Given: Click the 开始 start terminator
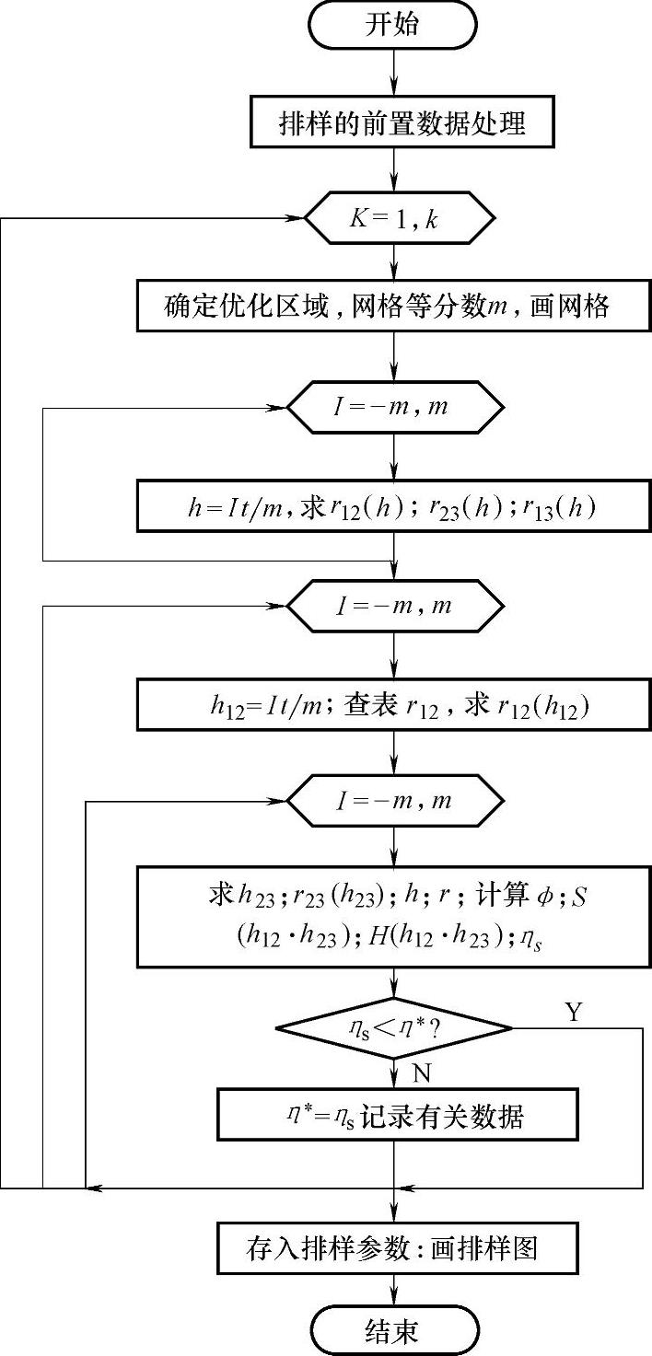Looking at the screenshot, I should pyautogui.click(x=393, y=25).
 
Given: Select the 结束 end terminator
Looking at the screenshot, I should pyautogui.click(x=393, y=1331).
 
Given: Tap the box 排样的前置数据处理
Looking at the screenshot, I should pyautogui.click(x=402, y=123).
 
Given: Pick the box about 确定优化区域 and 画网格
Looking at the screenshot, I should pyautogui.click(x=394, y=307).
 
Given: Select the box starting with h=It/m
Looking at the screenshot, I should pyautogui.click(x=394, y=506).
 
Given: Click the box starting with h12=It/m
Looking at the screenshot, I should pyautogui.click(x=394, y=706).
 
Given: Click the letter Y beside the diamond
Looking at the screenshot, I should pyautogui.click(x=574, y=1013).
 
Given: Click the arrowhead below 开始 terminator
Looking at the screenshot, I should pyautogui.click(x=394, y=90).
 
